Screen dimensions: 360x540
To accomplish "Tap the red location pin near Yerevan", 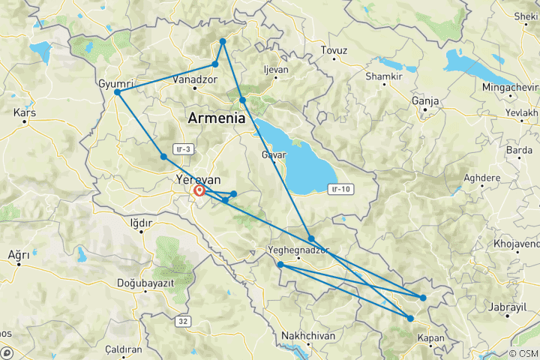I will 200,191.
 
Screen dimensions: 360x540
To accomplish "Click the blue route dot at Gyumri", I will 118,92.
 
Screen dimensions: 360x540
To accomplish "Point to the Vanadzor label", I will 194,79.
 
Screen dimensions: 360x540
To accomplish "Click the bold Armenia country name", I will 217,118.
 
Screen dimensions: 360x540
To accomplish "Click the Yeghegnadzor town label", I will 298,250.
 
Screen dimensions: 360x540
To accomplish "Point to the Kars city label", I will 25,112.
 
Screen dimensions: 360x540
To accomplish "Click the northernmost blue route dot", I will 223,41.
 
